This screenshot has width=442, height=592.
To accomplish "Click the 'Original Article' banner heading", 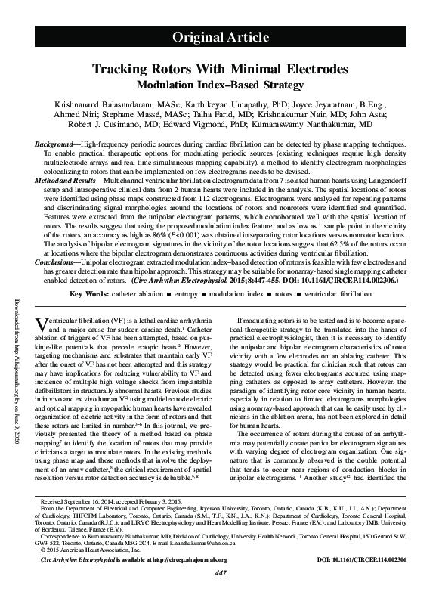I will [221, 37].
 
